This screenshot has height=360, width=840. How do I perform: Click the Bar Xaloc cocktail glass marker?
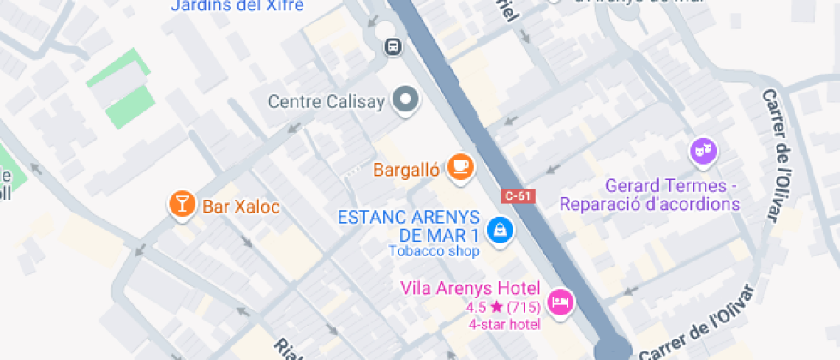click(x=182, y=203)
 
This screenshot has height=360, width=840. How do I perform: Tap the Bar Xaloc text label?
click(x=241, y=207)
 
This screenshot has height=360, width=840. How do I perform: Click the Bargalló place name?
click(x=406, y=170)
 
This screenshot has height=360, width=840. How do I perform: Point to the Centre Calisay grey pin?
click(x=405, y=99)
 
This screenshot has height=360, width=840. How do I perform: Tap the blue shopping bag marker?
click(x=497, y=228)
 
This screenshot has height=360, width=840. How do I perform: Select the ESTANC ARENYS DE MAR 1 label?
click(x=407, y=225)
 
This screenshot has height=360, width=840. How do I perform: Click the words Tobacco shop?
click(x=434, y=251)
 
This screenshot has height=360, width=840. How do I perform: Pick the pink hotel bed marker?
click(x=561, y=301)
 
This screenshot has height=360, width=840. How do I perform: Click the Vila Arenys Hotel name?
click(x=471, y=287)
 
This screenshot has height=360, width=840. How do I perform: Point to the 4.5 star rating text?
click(x=503, y=306)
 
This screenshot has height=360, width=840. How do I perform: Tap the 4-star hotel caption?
click(x=504, y=323)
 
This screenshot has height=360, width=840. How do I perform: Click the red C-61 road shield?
click(x=519, y=195)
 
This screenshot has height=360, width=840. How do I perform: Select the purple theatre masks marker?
click(x=703, y=152)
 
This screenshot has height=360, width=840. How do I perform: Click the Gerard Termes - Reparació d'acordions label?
click(x=649, y=195)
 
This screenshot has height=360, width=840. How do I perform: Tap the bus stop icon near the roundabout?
click(x=393, y=46)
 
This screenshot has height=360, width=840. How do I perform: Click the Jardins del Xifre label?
click(x=237, y=6)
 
